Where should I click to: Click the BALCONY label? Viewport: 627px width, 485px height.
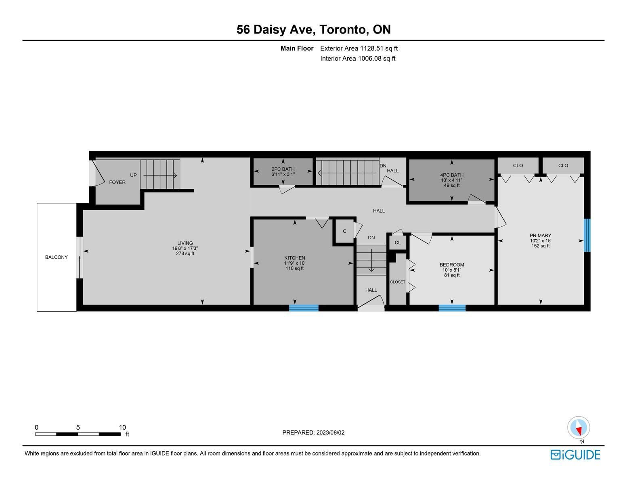56,257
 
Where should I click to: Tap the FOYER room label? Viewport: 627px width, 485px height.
117,182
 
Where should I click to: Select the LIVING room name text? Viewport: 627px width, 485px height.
185,243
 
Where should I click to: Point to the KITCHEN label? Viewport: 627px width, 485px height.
295,258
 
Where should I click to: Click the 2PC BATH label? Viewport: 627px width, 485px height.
283,169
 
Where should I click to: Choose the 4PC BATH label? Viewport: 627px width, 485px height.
452,175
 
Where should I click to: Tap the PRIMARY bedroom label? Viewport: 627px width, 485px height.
541,235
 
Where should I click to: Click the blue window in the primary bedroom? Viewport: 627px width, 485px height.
587,235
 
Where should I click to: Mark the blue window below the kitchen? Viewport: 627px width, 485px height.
304,308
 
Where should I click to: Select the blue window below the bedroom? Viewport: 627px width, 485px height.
452,308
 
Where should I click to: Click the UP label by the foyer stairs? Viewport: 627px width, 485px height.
133,175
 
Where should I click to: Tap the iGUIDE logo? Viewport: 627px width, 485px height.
575,455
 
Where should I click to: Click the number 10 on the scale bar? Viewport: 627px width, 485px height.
122,427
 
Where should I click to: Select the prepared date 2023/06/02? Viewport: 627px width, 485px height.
330,432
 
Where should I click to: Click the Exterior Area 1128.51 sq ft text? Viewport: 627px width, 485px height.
359,48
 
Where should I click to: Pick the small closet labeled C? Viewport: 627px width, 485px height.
344,231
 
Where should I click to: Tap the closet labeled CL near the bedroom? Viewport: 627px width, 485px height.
398,242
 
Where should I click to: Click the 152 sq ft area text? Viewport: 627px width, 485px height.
541,246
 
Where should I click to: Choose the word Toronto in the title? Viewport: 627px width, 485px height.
343,30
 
